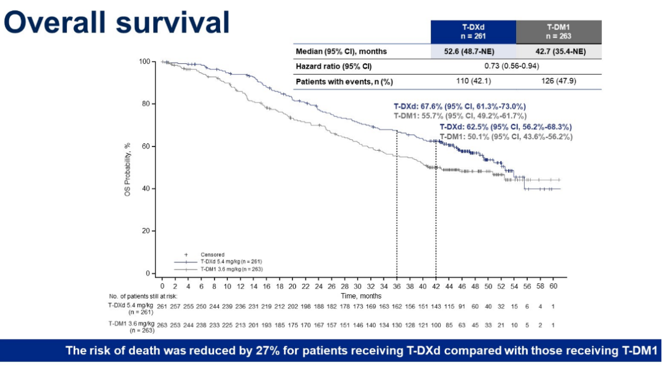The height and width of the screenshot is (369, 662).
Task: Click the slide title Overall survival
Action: (x=116, y=23)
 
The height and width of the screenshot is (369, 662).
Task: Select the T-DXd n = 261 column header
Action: (x=473, y=31)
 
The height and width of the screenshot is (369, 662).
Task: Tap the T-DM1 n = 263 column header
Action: (x=558, y=31)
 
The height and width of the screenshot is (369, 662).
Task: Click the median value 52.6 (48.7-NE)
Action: (x=473, y=51)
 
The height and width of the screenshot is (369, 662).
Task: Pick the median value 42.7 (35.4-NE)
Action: (x=558, y=51)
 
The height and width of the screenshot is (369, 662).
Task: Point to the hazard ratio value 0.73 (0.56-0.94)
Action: (x=516, y=66)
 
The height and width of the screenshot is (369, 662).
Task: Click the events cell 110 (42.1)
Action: (x=473, y=81)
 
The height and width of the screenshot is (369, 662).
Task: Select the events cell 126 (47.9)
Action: (x=558, y=81)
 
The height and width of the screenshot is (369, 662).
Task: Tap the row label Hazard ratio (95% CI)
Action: (x=334, y=66)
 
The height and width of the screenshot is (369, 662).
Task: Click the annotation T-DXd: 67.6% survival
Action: (x=459, y=106)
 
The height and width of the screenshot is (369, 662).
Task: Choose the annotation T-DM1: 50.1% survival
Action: (x=506, y=137)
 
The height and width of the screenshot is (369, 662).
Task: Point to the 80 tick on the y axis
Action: (x=145, y=104)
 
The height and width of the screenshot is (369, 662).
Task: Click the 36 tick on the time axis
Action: (x=397, y=286)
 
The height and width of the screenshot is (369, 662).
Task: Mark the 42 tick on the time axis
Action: (x=436, y=286)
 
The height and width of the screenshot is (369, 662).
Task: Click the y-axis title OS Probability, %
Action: (x=127, y=167)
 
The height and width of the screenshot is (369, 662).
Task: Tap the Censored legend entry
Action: (x=212, y=254)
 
